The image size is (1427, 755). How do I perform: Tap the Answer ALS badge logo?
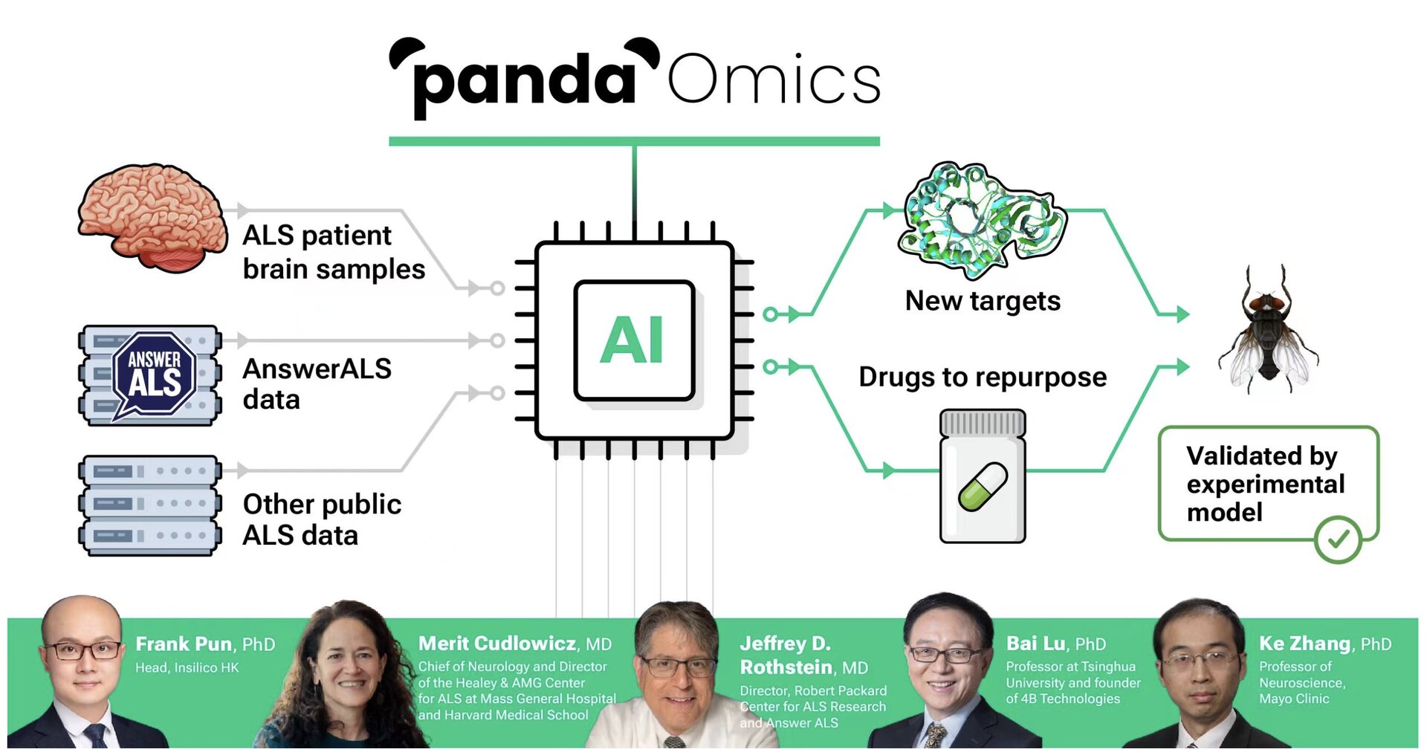[x=154, y=374]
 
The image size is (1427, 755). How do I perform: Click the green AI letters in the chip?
[x=632, y=340]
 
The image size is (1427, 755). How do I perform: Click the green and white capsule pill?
[x=983, y=487]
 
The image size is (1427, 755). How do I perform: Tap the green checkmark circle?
[x=1337, y=539]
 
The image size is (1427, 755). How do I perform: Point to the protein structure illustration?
[x=981, y=218]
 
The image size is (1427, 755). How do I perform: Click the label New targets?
[x=983, y=301]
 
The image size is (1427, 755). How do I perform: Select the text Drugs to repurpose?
[x=983, y=377]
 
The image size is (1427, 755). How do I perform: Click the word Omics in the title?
[x=774, y=80]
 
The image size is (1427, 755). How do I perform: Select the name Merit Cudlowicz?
[x=497, y=644]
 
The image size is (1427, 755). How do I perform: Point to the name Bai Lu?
[x=1035, y=644]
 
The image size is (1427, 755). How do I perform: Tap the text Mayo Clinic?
[x=1294, y=699]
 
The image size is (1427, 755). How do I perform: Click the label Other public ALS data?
[x=321, y=519]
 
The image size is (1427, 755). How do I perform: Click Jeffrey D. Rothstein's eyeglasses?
[x=679, y=667]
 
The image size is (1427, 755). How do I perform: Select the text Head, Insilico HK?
[x=187, y=667]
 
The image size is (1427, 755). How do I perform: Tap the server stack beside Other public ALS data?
[x=150, y=505]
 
